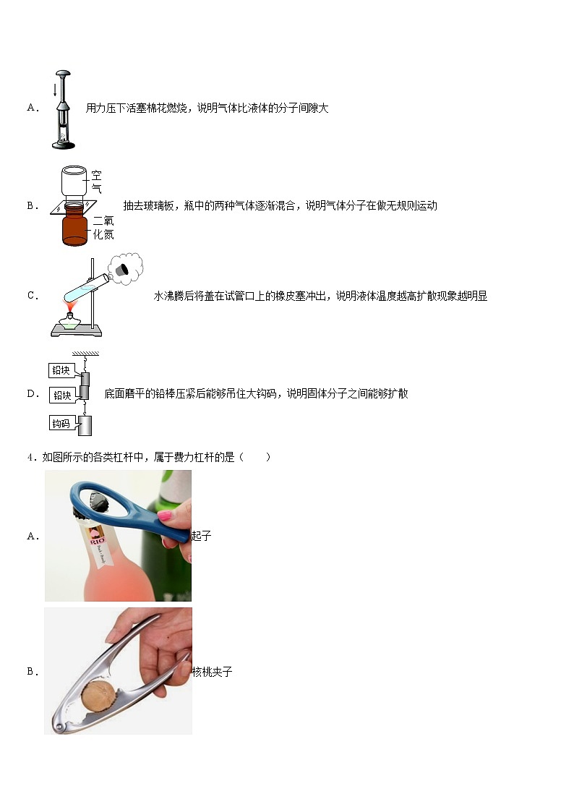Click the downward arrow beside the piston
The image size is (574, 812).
55,90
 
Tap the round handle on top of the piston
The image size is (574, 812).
64,73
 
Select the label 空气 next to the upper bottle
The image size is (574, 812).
96,181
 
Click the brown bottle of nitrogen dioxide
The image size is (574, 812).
75,228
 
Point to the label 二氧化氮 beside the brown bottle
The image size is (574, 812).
103,228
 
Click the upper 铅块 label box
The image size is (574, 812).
61,370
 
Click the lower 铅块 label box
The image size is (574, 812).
61,396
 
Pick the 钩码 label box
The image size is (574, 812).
61,423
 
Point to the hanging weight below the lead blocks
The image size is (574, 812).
85,426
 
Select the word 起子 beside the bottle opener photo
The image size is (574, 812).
202,536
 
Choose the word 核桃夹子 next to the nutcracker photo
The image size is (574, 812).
213,672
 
